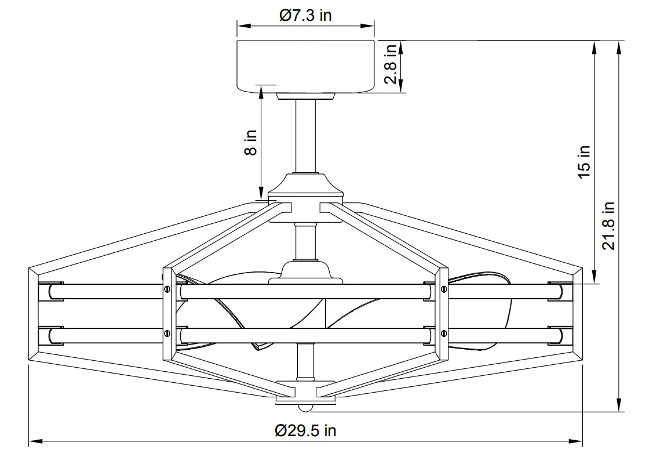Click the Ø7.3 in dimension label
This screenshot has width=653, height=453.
(x=305, y=16)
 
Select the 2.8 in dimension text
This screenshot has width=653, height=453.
(x=392, y=64)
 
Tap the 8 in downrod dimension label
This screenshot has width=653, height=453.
(x=250, y=142)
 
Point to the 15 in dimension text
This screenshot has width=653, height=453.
(x=584, y=161)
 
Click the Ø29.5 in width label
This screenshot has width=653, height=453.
(x=305, y=430)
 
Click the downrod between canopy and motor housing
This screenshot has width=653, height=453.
(x=305, y=136)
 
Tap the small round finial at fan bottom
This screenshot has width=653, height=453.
(x=305, y=404)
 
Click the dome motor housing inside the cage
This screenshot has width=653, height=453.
(x=305, y=271)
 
